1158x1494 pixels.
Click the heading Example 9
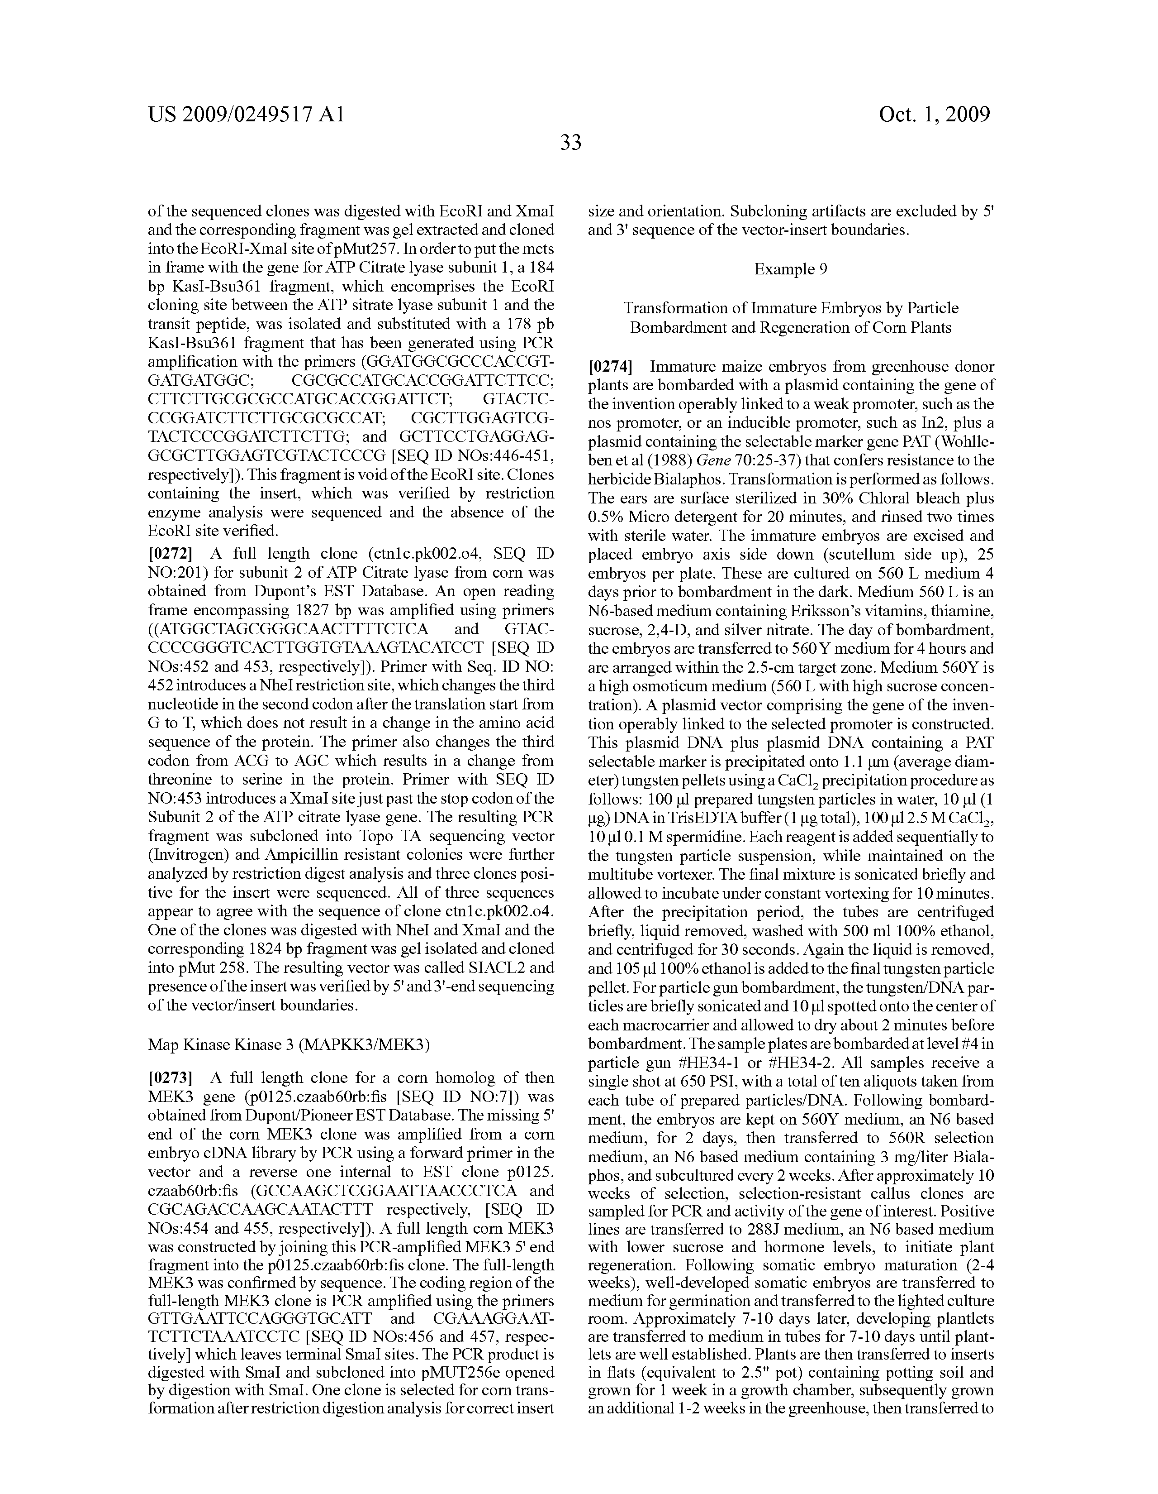791,269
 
